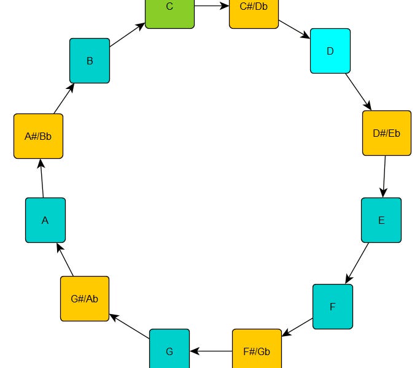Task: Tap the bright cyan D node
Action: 330,51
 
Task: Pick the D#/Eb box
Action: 386,133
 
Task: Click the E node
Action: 381,220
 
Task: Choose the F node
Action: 333,307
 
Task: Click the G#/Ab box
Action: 85,299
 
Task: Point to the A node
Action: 45,220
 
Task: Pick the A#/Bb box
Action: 38,136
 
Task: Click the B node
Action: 90,61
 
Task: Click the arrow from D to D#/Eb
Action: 358,92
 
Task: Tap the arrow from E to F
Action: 357,263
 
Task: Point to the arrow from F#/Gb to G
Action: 211,351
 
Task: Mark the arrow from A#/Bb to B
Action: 64,98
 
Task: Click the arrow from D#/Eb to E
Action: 384,177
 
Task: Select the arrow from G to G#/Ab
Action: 130,326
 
